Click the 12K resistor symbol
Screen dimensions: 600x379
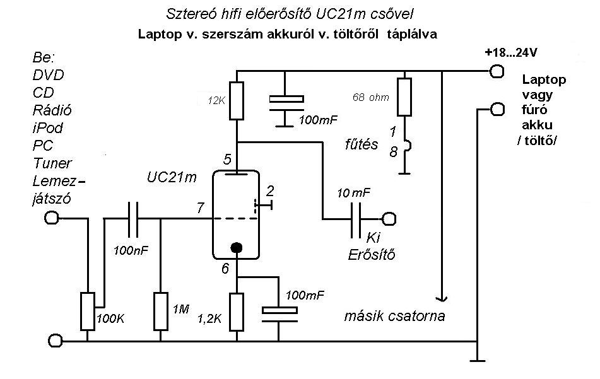[237, 100]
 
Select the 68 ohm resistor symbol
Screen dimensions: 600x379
[404, 96]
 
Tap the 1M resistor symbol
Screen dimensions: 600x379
[161, 312]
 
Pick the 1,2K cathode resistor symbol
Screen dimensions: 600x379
[237, 312]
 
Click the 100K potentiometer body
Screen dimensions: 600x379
[88, 312]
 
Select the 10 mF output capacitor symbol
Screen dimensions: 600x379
[355, 219]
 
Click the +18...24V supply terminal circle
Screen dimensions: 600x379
[497, 71]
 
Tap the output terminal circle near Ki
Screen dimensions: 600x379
[389, 219]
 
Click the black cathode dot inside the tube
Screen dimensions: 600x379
[237, 248]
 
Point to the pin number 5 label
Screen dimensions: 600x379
[227, 159]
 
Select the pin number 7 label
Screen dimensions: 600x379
[201, 207]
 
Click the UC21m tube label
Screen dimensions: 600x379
[172, 177]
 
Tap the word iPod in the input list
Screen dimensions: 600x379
[48, 128]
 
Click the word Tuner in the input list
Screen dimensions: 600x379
[52, 163]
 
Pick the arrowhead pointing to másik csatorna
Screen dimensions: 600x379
[442, 298]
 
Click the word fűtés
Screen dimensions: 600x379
[362, 144]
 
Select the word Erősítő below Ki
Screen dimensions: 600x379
[371, 254]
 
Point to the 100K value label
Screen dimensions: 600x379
[110, 318]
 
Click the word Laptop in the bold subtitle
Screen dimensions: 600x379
[160, 34]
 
